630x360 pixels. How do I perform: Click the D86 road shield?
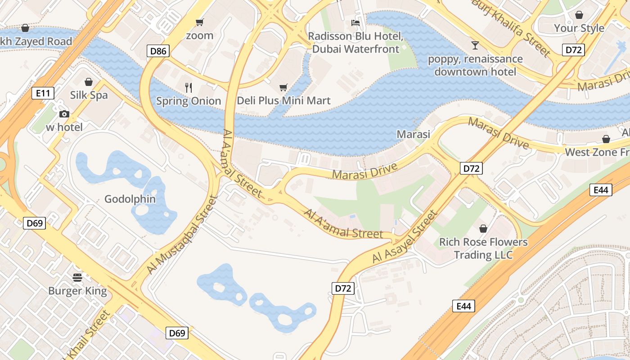click(158, 51)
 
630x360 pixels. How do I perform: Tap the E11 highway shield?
click(43, 93)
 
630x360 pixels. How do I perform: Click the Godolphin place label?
click(130, 199)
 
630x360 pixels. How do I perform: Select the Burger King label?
click(77, 291)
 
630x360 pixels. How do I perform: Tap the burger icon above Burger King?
click(77, 277)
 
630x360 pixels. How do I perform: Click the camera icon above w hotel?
click(64, 114)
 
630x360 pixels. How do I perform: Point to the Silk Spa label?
click(89, 95)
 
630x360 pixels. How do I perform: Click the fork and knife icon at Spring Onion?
click(189, 87)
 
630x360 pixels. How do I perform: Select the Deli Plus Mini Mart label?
click(283, 101)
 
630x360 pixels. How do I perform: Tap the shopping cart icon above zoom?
click(199, 22)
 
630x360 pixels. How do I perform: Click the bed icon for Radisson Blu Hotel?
click(355, 23)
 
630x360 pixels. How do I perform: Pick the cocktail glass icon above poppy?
click(475, 45)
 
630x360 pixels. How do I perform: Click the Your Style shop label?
click(579, 28)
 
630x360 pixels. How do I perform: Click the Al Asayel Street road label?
click(405, 237)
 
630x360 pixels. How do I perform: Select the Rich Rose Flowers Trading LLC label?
click(483, 248)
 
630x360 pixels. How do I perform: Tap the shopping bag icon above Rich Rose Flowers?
click(483, 229)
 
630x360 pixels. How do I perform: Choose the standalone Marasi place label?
click(413, 134)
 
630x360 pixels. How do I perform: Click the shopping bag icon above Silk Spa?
click(89, 82)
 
